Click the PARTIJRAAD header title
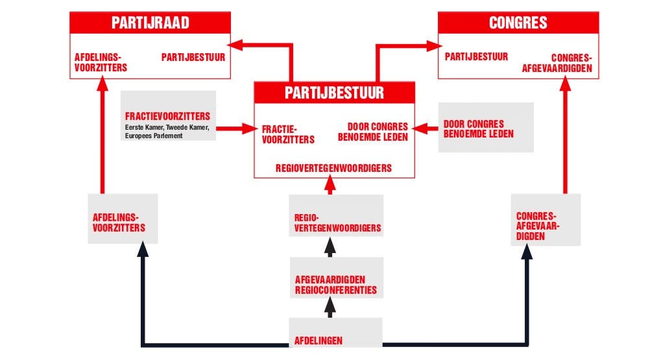[150, 24]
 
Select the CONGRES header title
[518, 24]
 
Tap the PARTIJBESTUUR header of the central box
[334, 93]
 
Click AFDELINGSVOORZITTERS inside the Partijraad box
[101, 62]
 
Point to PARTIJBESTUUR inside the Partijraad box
[193, 57]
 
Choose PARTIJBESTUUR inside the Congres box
[476, 57]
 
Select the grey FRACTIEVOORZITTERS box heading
[168, 117]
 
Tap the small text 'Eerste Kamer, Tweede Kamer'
[167, 128]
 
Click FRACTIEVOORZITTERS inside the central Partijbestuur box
[288, 134]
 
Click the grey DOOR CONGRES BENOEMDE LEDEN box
[485, 128]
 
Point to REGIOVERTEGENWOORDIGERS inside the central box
[333, 168]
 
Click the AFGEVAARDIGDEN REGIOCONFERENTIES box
[335, 284]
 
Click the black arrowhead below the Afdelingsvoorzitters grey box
[143, 250]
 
